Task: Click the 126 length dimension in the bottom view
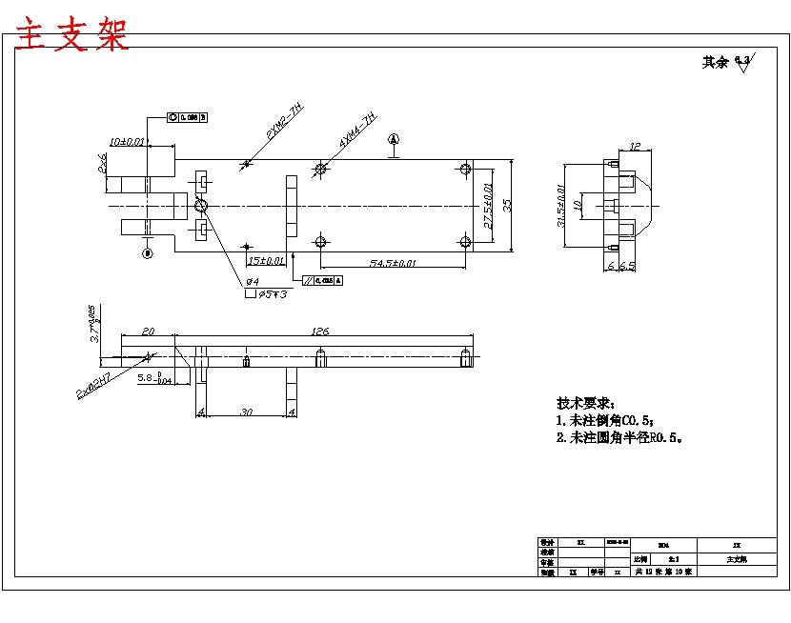click(320, 332)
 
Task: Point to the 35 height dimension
click(509, 205)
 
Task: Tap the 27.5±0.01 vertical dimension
click(488, 205)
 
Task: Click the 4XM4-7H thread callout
click(359, 130)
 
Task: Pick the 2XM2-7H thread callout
click(283, 124)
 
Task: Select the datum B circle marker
click(147, 253)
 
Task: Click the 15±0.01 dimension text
click(266, 260)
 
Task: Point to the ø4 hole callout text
click(253, 282)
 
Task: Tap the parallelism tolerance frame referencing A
click(322, 281)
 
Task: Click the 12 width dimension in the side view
click(635, 147)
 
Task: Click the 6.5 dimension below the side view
click(627, 266)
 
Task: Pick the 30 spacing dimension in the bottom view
click(246, 412)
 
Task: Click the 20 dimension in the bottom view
click(148, 332)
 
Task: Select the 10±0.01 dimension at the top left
click(127, 141)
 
